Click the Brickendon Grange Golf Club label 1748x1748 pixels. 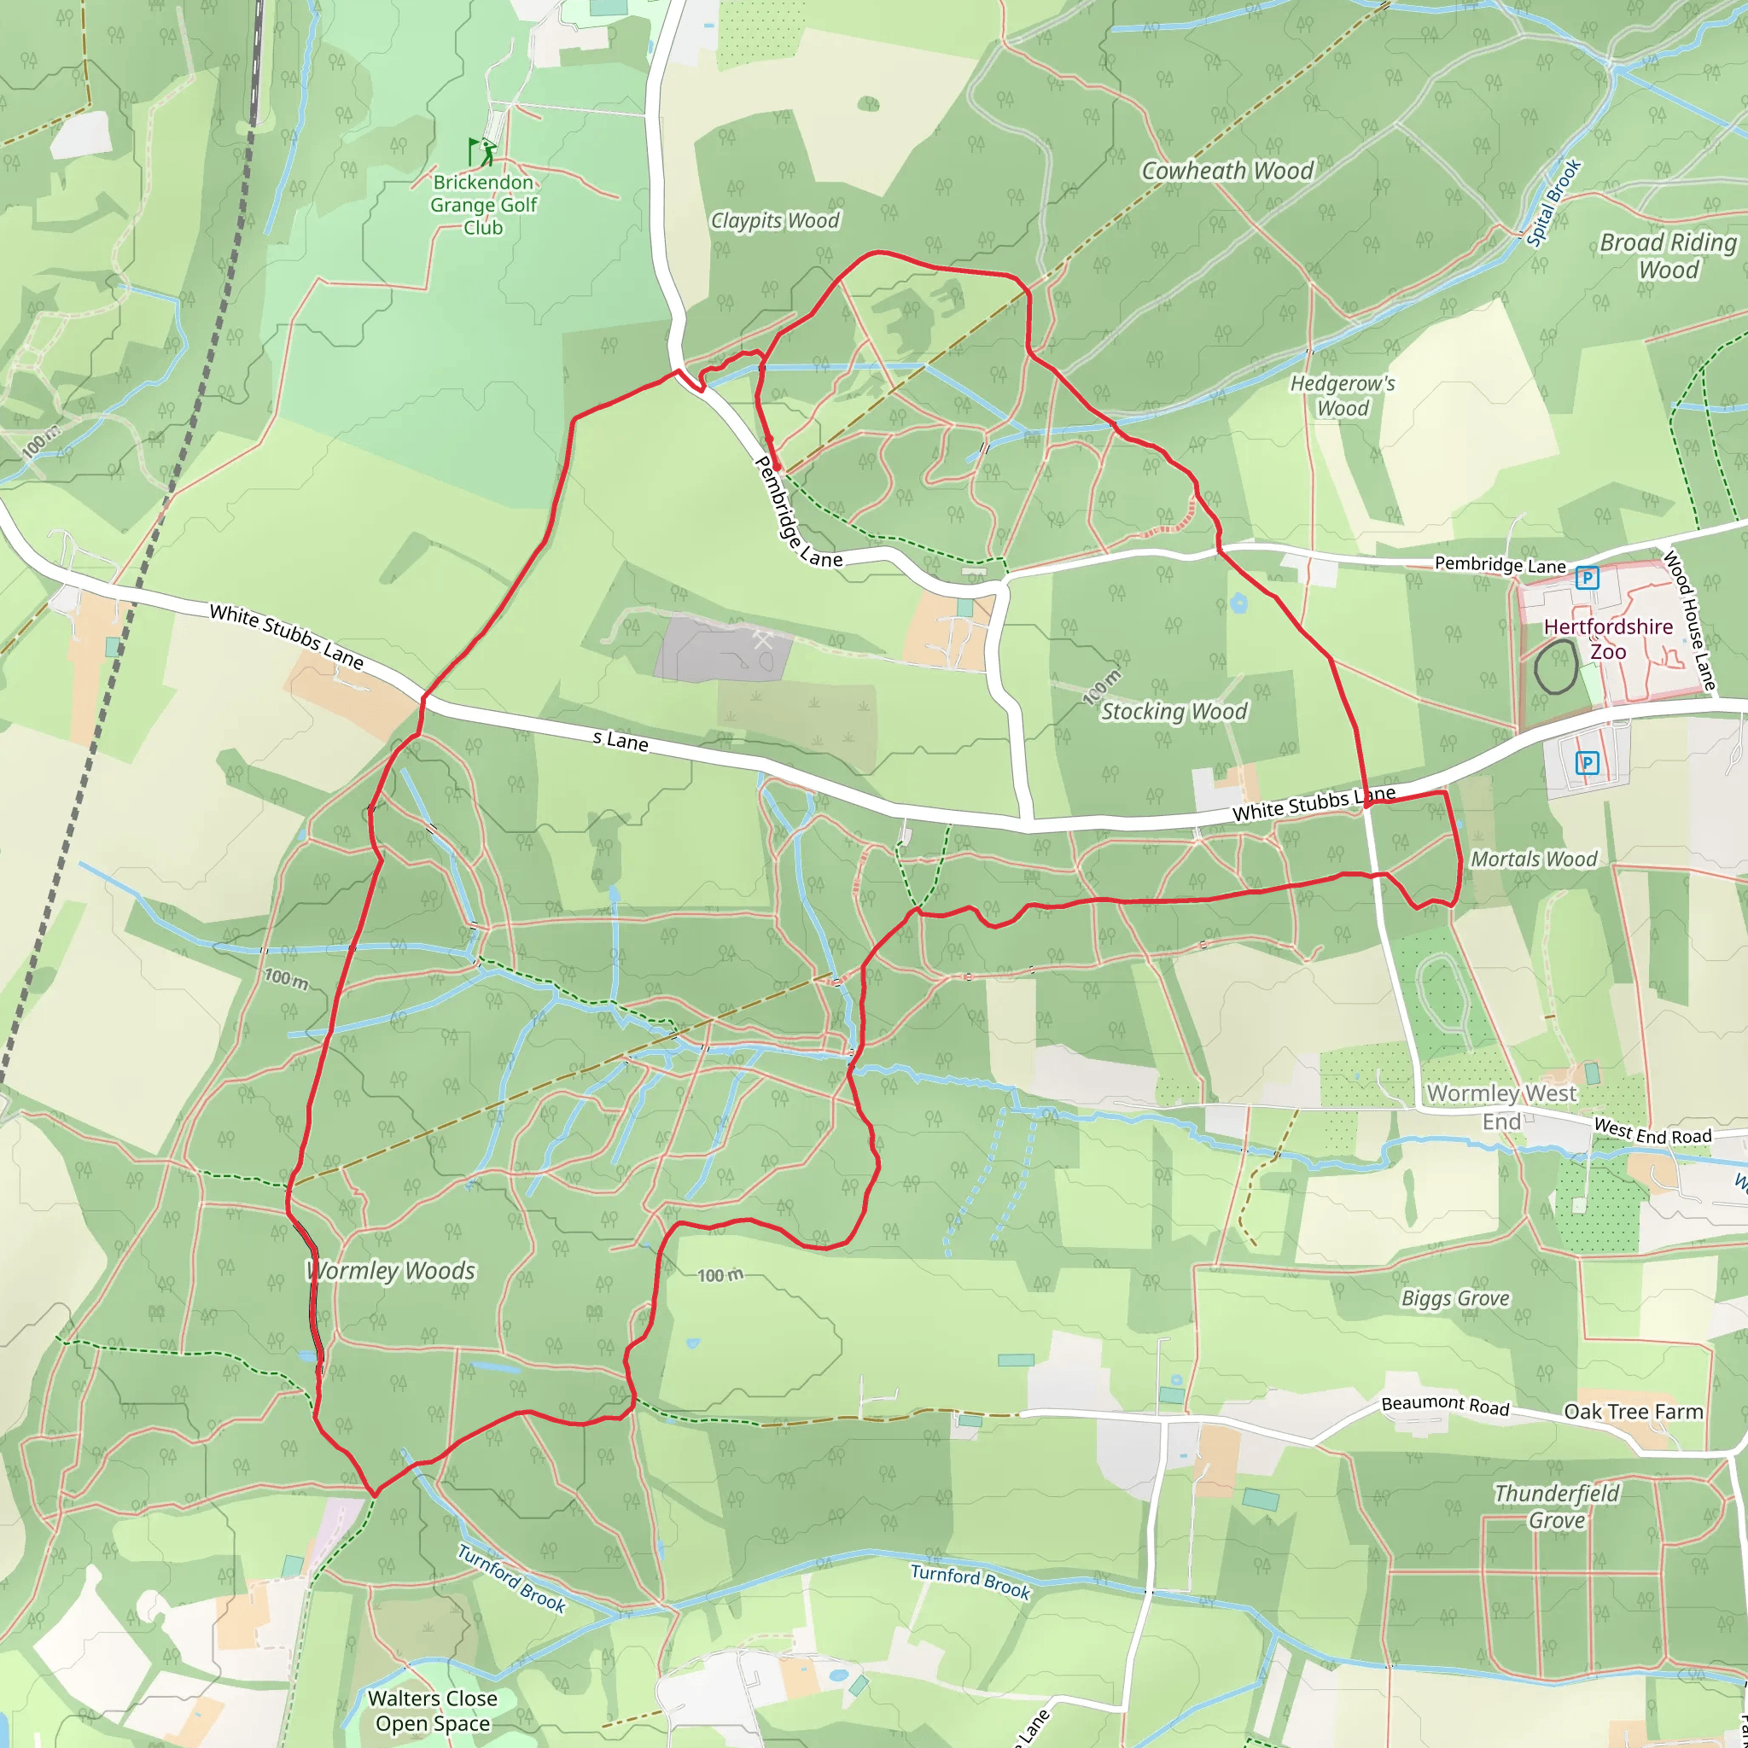tap(483, 206)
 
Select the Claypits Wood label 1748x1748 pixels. tap(775, 221)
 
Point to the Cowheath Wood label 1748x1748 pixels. tap(1227, 171)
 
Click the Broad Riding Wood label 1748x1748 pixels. tap(1669, 256)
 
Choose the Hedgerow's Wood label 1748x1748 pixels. tap(1343, 396)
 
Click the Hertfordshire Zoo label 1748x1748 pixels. tap(1608, 638)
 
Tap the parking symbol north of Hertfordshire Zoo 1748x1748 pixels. tap(1587, 577)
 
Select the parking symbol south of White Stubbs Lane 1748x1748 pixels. tap(1587, 763)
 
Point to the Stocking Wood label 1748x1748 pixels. tap(1174, 712)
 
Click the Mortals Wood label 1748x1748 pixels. tap(1535, 859)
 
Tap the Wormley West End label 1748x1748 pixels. tap(1502, 1107)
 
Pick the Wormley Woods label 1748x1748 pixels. tap(391, 1271)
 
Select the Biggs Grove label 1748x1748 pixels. tap(1456, 1299)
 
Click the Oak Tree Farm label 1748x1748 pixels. tap(1633, 1413)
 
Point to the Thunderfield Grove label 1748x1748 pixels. tap(1556, 1506)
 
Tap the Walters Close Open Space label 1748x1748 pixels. tap(433, 1711)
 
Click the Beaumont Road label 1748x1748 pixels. tap(1445, 1405)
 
